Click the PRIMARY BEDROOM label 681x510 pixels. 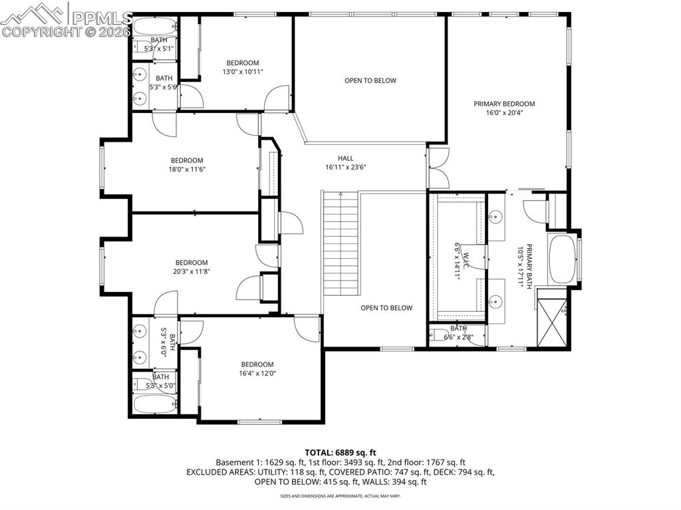[504, 104]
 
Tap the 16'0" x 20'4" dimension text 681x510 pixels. [504, 113]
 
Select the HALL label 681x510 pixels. [345, 158]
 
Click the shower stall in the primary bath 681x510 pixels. [553, 322]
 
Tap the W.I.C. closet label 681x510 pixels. [466, 260]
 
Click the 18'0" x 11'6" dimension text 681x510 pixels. [186, 170]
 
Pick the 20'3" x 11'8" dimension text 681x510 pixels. [192, 271]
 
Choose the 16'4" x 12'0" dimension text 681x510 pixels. [257, 374]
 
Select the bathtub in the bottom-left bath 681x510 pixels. [154, 403]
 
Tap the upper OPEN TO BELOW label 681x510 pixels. [370, 80]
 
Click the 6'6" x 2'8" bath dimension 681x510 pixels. [459, 337]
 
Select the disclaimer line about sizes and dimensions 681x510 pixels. [340, 496]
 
